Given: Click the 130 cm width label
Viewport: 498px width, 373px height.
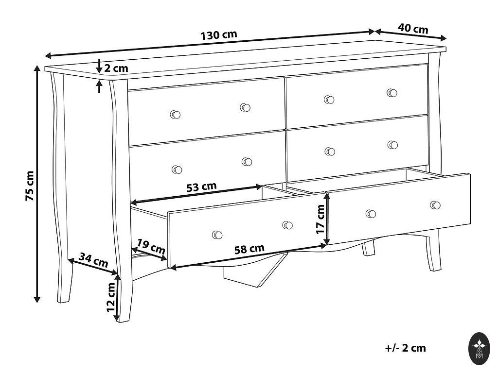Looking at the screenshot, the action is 219,35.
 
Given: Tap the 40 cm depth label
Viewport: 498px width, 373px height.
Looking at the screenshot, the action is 413,28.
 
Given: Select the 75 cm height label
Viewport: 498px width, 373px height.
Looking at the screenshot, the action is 30,186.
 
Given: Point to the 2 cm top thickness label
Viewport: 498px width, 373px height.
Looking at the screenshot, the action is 116,68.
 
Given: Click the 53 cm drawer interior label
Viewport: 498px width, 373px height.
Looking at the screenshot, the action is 201,187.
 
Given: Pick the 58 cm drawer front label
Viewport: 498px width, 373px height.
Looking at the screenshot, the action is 249,249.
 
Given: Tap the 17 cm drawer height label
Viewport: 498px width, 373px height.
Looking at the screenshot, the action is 321,219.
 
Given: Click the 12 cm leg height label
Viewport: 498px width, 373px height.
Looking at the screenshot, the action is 111,297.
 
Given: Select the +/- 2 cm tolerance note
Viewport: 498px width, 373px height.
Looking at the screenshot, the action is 405,348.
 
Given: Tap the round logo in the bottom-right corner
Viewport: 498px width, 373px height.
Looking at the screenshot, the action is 479,349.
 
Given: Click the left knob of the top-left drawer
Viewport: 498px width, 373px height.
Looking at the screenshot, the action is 175,115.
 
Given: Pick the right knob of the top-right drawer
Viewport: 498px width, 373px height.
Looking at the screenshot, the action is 392,93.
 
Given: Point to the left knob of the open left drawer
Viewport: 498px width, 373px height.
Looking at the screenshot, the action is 217,235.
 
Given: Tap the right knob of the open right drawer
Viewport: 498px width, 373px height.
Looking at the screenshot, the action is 435,205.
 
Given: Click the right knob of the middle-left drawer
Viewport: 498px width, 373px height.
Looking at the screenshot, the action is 247,162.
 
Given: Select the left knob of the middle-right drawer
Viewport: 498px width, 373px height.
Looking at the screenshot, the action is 330,152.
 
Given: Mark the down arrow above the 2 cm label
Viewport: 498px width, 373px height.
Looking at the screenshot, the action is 99,66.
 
